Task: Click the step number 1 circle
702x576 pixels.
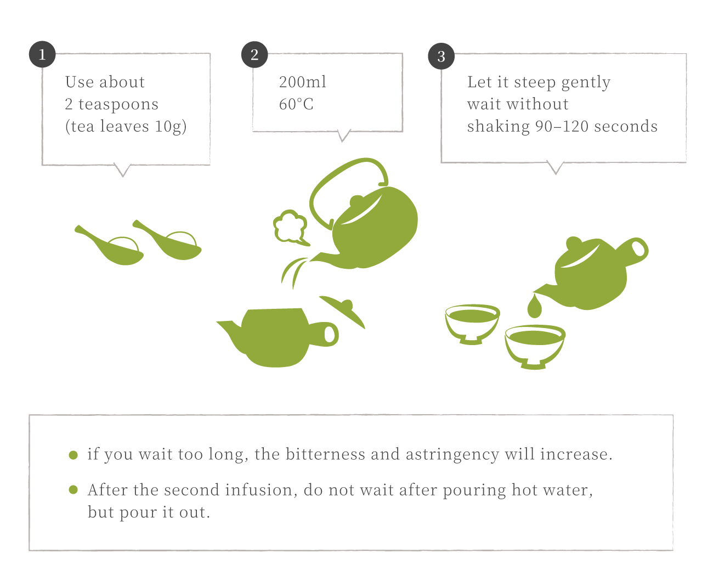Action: [42, 54]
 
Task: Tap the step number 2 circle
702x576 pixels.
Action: [254, 55]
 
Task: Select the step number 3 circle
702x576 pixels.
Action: [441, 57]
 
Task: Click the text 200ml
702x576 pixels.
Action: [302, 82]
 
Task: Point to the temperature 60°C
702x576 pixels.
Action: [296, 104]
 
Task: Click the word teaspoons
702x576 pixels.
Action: [118, 105]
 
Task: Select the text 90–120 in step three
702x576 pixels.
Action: [562, 127]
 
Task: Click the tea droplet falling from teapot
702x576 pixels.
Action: [534, 306]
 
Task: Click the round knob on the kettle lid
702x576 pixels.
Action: [356, 201]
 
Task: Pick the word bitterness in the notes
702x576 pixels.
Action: [325, 454]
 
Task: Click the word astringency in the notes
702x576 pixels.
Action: [452, 455]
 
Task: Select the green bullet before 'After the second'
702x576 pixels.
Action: [73, 490]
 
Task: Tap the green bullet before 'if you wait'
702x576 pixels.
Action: [73, 455]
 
